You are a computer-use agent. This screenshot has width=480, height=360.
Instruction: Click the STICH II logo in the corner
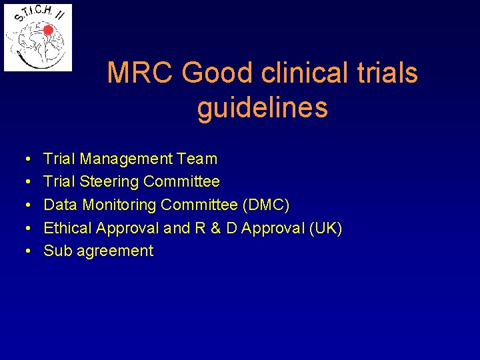click(38, 37)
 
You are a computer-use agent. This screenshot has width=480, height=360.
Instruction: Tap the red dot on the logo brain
click(48, 30)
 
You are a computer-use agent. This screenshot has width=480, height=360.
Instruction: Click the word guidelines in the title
click(263, 107)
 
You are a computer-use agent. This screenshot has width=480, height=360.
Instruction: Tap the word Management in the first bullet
click(126, 159)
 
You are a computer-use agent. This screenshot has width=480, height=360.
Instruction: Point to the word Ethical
click(67, 228)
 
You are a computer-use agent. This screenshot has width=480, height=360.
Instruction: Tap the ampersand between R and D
click(215, 228)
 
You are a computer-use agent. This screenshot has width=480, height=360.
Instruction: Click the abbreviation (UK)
click(324, 228)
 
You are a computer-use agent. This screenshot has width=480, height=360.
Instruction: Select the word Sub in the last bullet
click(57, 251)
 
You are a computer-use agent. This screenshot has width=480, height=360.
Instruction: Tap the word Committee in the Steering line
click(181, 181)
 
